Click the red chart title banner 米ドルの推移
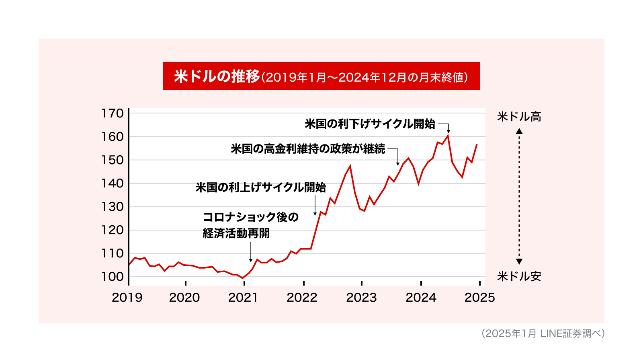coord(321,76)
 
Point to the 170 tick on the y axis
coord(113,113)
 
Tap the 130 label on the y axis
coord(113,207)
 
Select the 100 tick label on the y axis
coord(113,277)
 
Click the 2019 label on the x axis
coord(127,298)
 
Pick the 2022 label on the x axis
coord(302,298)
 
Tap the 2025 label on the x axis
coord(479,298)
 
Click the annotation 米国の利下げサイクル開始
coord(370,124)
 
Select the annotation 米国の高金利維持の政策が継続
coord(308,149)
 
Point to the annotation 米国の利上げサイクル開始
coord(260,187)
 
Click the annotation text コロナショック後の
coord(251,217)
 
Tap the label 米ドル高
coord(519,117)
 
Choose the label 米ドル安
coord(519,276)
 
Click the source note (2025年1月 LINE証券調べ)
coord(543,333)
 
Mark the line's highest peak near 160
coord(448,136)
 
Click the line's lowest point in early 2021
coord(243,278)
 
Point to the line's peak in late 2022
coord(350,166)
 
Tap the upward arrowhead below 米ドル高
coord(519,131)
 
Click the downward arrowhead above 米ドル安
coord(519,261)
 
